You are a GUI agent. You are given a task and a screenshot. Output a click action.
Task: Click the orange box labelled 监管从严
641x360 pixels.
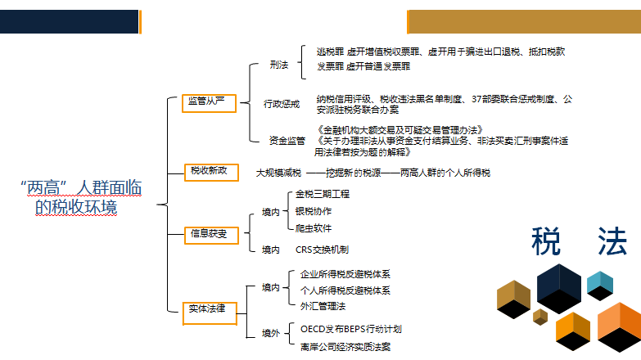click(208, 102)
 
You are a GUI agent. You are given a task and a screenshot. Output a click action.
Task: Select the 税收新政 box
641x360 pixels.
click(208, 171)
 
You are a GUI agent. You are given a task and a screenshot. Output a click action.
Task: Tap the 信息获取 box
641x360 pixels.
click(209, 234)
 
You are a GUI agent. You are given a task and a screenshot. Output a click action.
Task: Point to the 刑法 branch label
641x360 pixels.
click(278, 64)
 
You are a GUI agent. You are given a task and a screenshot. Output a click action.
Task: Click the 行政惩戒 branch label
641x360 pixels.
click(282, 104)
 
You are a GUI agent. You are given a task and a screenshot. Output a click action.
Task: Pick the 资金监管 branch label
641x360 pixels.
click(287, 140)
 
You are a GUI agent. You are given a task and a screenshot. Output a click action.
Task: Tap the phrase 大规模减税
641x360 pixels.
click(278, 173)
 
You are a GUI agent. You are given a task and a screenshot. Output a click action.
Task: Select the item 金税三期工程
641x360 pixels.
click(322, 194)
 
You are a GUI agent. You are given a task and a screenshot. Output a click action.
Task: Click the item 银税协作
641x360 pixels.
click(314, 211)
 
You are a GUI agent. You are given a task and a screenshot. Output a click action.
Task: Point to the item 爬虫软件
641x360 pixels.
click(314, 227)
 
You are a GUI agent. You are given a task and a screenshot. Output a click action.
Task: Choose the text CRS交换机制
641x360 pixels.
click(327, 250)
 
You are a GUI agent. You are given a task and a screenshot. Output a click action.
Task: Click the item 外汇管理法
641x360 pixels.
click(323, 306)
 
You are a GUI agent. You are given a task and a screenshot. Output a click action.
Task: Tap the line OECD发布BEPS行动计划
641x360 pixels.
click(350, 329)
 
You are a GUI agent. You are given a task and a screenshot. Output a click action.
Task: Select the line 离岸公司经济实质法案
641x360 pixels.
click(345, 346)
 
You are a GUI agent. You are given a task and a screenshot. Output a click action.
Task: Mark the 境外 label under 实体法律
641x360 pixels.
click(270, 334)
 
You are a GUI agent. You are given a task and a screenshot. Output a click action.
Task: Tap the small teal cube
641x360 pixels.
click(600, 283)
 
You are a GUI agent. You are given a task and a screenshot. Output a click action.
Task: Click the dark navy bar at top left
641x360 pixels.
click(69, 21)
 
